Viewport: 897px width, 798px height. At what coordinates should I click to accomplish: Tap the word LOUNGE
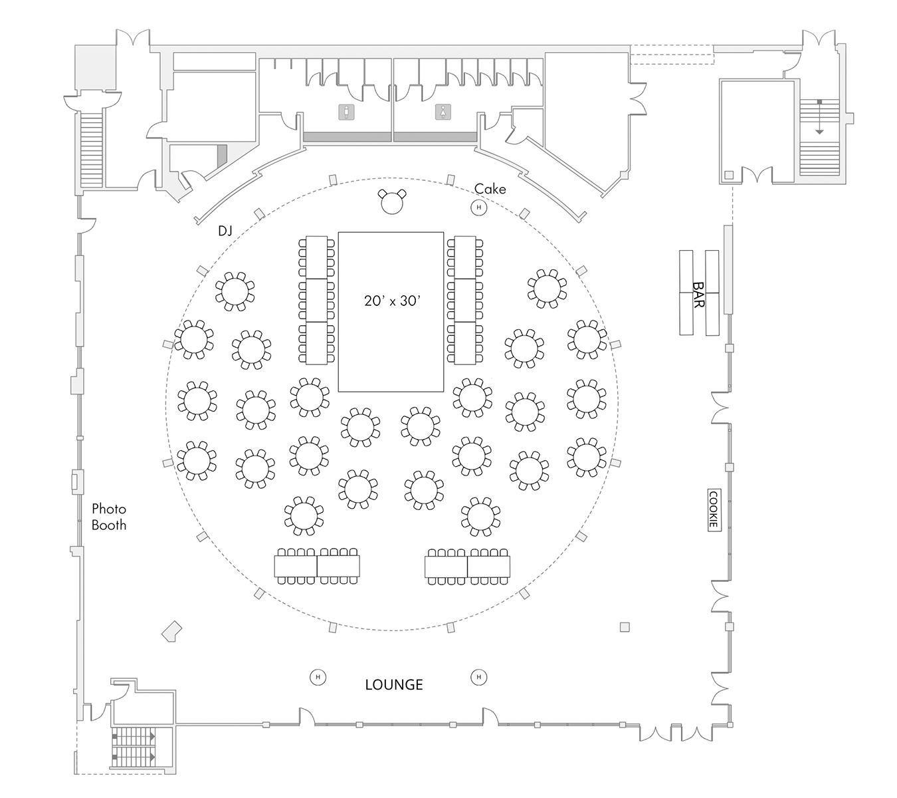394,685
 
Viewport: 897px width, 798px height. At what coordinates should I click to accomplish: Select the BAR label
698,293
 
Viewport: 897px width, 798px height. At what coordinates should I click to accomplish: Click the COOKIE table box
713,509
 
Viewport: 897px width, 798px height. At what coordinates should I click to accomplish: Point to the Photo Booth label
109,517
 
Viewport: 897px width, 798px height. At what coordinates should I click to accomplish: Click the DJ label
225,231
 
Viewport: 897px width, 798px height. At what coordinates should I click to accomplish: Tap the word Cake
490,190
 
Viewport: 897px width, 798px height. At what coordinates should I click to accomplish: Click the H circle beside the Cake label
478,208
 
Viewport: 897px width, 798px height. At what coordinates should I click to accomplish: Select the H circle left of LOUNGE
318,678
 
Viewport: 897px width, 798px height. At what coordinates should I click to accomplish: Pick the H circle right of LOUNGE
478,678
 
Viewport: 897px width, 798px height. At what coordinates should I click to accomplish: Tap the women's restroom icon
443,112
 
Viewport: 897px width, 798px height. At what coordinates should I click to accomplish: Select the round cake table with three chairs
392,203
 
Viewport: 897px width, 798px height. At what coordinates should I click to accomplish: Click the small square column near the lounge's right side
624,626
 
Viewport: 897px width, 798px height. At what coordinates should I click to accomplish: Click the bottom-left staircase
134,745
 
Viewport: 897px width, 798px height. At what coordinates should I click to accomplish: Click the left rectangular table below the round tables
317,566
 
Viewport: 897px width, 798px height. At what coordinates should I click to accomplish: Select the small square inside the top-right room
729,175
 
